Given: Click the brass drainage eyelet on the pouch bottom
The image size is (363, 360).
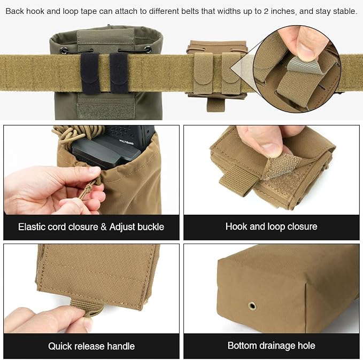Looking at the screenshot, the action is pyautogui.click(x=252, y=306).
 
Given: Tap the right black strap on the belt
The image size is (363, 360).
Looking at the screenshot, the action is pyautogui.click(x=119, y=73).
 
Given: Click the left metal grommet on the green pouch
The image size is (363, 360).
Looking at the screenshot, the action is pyautogui.click(x=64, y=50).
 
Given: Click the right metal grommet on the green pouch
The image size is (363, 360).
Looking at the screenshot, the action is pyautogui.click(x=148, y=49).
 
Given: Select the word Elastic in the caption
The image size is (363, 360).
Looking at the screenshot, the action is pyautogui.click(x=32, y=226).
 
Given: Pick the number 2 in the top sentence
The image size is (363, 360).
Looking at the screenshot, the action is pyautogui.click(x=266, y=11).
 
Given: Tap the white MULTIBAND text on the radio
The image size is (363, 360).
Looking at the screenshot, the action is pyautogui.click(x=126, y=142).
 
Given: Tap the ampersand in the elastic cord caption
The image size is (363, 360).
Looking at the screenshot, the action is pyautogui.click(x=104, y=226).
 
